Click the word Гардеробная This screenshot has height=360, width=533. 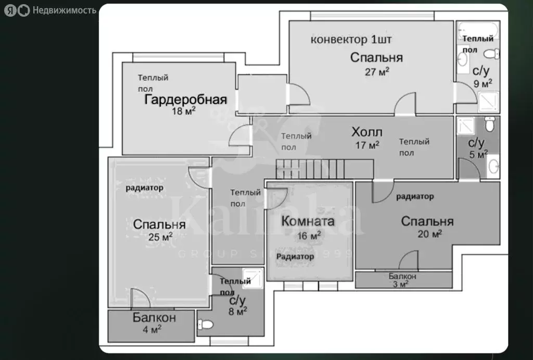pyautogui.click(x=185, y=100)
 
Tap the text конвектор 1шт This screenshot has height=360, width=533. pyautogui.click(x=351, y=40)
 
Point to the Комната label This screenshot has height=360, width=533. pyautogui.click(x=308, y=221)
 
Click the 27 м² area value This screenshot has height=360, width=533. pyautogui.click(x=377, y=72)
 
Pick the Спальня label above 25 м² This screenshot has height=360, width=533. pyautogui.click(x=159, y=225)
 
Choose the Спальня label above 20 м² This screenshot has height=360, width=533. pyautogui.click(x=427, y=221)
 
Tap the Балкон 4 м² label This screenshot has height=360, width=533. pyautogui.click(x=154, y=323)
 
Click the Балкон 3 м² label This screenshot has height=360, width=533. pyautogui.click(x=402, y=280)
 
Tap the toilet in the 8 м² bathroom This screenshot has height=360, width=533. pyautogui.click(x=206, y=325)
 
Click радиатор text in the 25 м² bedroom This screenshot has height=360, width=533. pyautogui.click(x=144, y=187)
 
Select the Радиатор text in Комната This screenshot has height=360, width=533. pyautogui.click(x=295, y=256)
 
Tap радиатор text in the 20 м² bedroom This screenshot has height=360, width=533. pyautogui.click(x=415, y=196)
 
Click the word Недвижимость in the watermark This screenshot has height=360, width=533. pyautogui.click(x=64, y=10)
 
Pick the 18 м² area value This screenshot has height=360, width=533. pyautogui.click(x=183, y=110)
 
